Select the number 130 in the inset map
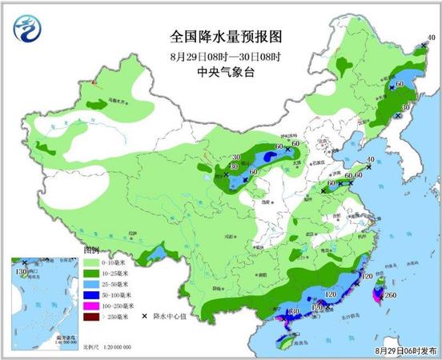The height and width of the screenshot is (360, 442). pyautogui.click(x=16, y=274)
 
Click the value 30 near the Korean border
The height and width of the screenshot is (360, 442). pyautogui.click(x=406, y=106)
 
